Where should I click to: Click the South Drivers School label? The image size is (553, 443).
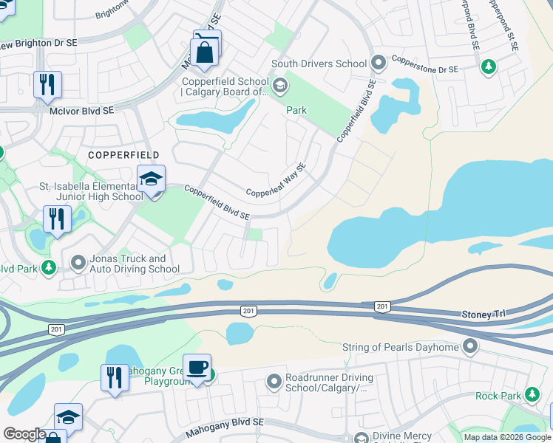(x=319, y=63)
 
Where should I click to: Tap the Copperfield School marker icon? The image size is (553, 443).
(x=280, y=86)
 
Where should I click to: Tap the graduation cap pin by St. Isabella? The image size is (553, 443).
(x=151, y=179)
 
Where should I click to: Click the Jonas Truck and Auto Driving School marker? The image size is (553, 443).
(x=78, y=262)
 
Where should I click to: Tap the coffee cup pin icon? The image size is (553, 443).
(x=197, y=367)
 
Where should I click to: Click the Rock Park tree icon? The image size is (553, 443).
(x=532, y=396)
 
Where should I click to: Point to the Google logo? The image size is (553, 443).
(x=24, y=434)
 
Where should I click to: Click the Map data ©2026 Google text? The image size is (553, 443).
(x=506, y=436)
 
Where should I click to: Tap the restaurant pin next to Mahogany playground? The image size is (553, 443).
(x=115, y=377)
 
